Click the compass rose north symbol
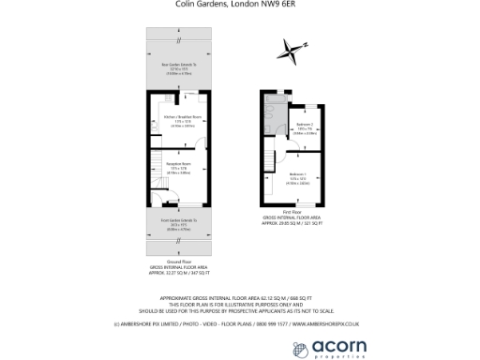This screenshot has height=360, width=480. pos(295,50)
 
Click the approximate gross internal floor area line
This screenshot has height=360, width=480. pos(239,296)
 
